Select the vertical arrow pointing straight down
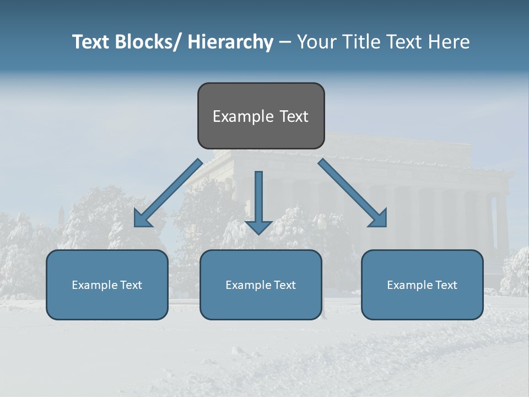(258, 201)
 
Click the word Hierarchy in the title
(230, 42)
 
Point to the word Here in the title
(450, 42)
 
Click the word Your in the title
(316, 42)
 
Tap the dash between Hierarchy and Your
(285, 42)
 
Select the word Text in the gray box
(293, 116)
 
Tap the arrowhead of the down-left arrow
(143, 219)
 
